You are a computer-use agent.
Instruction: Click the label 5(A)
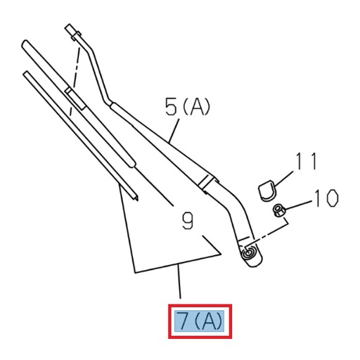(x=188, y=108)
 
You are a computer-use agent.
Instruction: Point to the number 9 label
(x=187, y=222)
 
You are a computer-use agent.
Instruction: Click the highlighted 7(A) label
(x=199, y=321)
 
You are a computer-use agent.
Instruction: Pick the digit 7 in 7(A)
(x=183, y=321)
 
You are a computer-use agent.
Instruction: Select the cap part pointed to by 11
(x=266, y=188)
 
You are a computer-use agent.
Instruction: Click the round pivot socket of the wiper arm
(x=248, y=254)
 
